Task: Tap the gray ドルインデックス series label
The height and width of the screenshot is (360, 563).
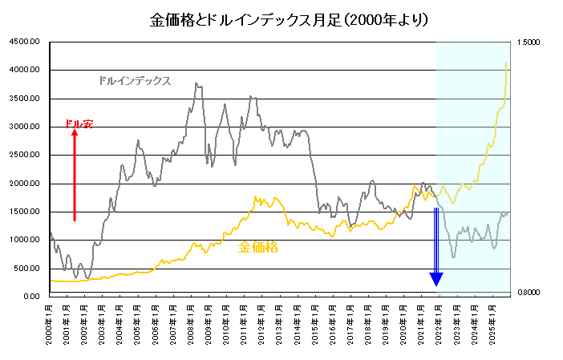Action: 134,81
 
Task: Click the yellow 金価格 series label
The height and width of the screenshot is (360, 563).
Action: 257,248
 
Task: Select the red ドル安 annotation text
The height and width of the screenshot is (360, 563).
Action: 79,123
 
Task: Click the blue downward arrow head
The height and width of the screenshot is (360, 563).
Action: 436,279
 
